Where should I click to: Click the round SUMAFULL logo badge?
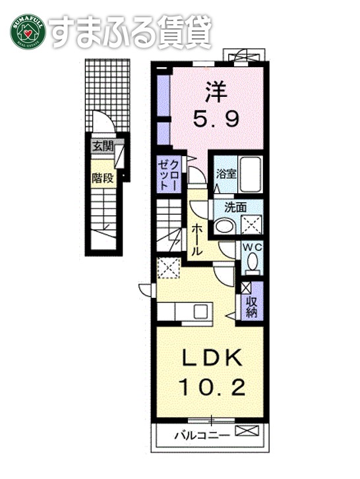coord(27,30)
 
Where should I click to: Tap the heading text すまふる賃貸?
coord(131,30)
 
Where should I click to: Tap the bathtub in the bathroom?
coord(250,173)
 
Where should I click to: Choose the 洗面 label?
coord(235,207)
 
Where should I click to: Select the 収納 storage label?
coord(251,306)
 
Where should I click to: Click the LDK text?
coord(212,358)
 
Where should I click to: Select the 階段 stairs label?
coord(102,177)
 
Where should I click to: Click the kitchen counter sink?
coord(196,310)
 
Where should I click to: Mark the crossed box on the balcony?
coord(245,432)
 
